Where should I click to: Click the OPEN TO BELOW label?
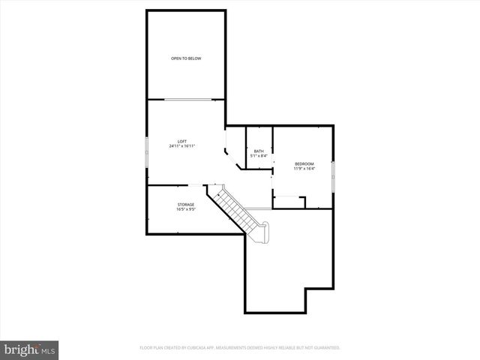186,58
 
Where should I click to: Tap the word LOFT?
182,141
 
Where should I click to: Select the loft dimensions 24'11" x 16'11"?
182,146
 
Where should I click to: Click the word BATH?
259,151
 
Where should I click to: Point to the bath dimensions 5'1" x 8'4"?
259,156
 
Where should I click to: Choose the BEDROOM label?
304,163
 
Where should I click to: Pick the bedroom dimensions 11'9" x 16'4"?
304,169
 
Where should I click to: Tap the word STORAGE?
186,205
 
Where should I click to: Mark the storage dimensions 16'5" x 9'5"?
186,210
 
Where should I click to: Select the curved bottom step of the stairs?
262,233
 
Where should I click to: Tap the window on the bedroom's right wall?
333,169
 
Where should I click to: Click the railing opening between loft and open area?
187,99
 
